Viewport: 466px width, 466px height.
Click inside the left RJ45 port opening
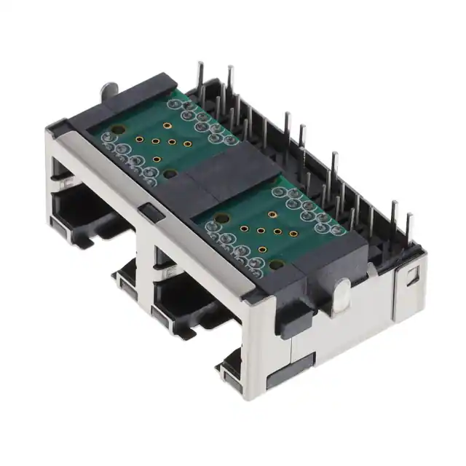click(x=80, y=211)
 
